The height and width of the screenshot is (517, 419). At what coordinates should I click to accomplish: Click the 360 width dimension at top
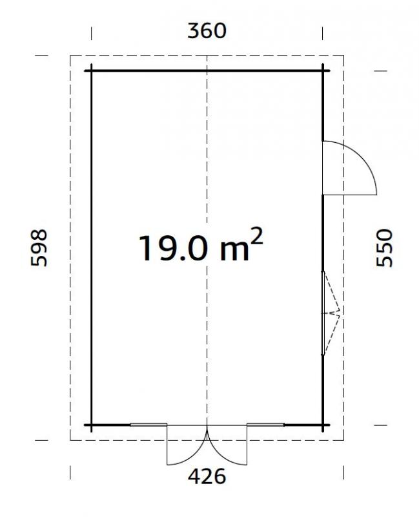207,30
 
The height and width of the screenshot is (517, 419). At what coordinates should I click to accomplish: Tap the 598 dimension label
39,248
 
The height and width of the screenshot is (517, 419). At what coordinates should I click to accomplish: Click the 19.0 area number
172,248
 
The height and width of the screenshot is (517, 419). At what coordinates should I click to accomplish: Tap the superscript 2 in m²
256,237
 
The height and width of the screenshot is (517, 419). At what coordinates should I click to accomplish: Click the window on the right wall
323,313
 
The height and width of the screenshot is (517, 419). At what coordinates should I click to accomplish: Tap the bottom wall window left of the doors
148,425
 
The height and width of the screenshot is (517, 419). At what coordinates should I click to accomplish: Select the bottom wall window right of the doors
265,425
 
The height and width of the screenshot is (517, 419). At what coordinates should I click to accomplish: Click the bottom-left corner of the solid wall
91,425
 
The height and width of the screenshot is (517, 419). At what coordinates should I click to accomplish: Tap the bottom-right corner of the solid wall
323,425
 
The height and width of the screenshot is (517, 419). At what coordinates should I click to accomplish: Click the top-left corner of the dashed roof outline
70,56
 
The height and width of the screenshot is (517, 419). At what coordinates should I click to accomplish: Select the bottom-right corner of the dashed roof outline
343,439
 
